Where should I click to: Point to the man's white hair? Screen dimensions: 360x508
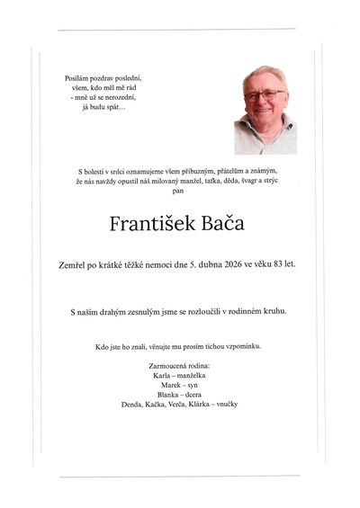point(264,75)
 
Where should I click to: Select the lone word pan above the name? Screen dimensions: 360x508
point(182,191)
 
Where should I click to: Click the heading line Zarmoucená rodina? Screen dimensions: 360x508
point(182,364)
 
